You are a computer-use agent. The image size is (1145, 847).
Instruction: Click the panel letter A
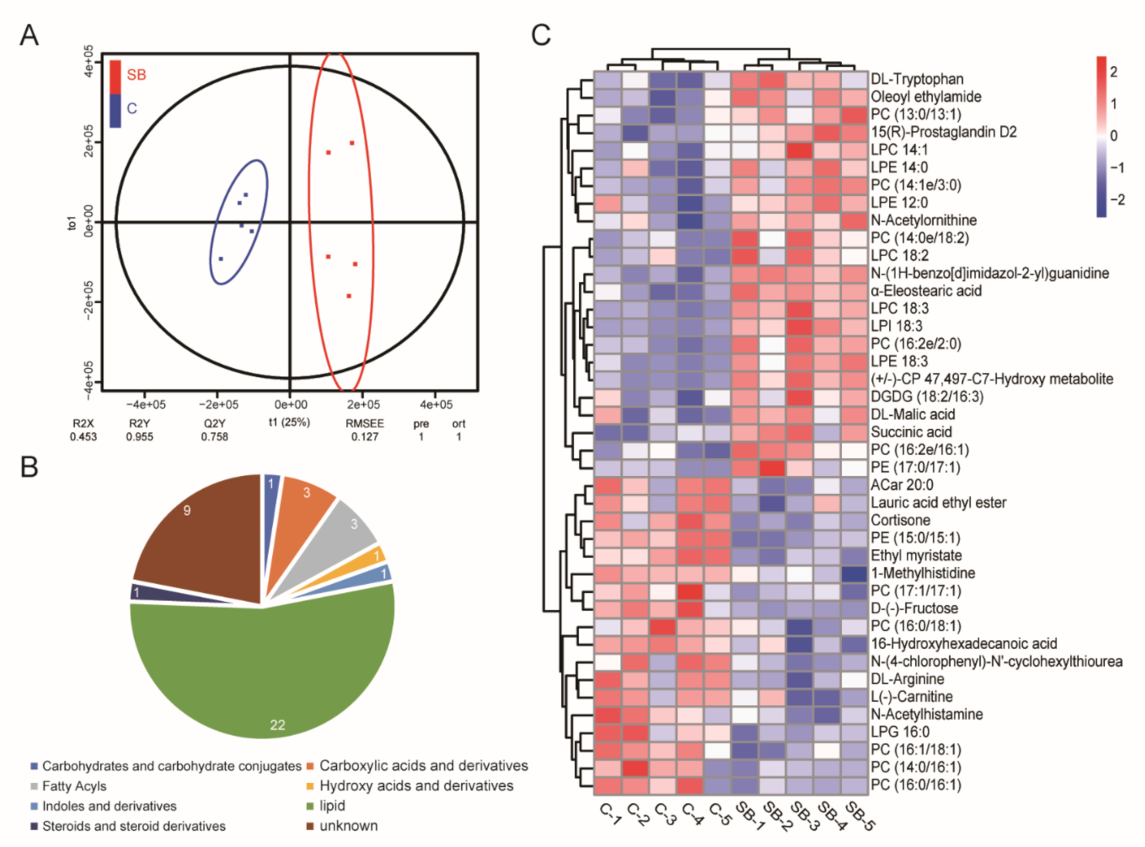coord(29,35)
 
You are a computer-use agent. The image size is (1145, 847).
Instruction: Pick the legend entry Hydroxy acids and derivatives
coord(416,786)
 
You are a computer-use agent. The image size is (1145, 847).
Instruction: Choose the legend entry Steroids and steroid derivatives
coord(133,826)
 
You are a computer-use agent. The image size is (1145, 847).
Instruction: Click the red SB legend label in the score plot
coord(136,75)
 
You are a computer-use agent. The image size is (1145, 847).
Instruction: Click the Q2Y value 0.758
coord(215,437)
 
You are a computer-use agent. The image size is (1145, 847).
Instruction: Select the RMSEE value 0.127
coord(365,437)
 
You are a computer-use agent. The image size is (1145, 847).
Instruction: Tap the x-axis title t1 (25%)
coord(289,422)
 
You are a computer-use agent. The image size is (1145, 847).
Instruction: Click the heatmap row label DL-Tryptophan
coord(917,79)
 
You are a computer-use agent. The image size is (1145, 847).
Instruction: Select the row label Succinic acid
coord(911,432)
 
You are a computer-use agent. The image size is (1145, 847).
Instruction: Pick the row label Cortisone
coord(900,521)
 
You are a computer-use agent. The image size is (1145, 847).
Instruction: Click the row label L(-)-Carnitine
coord(911,697)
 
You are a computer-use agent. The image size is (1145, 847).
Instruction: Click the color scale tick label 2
coord(1113,72)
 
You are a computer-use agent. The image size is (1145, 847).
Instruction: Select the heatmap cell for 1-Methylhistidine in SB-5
coord(854,573)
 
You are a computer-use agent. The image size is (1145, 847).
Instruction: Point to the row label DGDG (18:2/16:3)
coord(927,397)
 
